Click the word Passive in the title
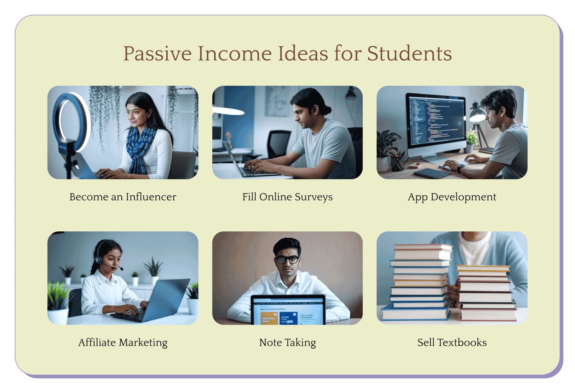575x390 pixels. [x=157, y=54]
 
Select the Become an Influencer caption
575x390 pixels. [x=123, y=197]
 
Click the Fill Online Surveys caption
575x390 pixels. [x=287, y=197]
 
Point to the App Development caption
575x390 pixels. [x=452, y=197]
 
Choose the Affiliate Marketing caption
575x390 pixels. [x=123, y=343]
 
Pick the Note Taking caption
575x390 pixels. [x=287, y=343]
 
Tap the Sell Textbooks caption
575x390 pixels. [x=452, y=343]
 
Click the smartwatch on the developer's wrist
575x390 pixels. [x=461, y=168]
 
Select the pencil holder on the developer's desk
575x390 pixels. [x=397, y=163]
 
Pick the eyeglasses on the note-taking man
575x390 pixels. [x=287, y=259]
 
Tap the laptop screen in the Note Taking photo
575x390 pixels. [x=288, y=312]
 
